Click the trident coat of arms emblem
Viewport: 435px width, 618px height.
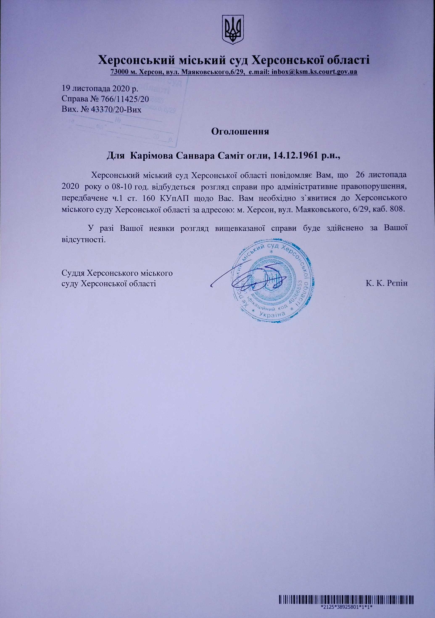[233, 30]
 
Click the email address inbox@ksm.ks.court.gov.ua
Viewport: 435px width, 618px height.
[314, 72]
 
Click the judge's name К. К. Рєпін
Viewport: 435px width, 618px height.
[387, 283]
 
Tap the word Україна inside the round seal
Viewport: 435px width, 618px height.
[273, 314]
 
